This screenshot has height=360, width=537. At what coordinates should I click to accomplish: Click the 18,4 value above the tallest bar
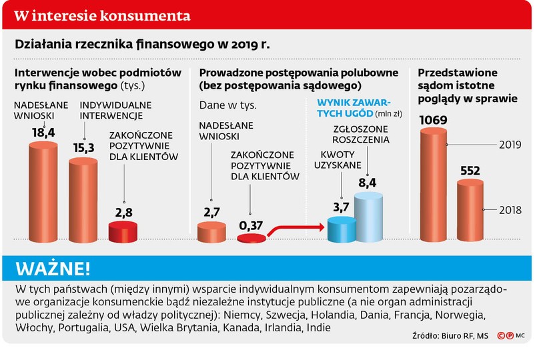pos(42,133)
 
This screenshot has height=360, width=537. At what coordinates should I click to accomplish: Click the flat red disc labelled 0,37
pos(251,239)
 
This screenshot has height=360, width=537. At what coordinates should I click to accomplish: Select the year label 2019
pos(510,144)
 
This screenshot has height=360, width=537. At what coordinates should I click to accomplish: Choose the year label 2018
pos(510,210)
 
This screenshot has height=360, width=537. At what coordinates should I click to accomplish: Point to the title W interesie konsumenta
pos(101,15)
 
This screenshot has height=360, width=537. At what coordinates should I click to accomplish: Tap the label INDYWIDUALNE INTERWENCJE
pos(115,109)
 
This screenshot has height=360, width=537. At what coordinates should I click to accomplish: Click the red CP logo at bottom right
pos(504,336)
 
